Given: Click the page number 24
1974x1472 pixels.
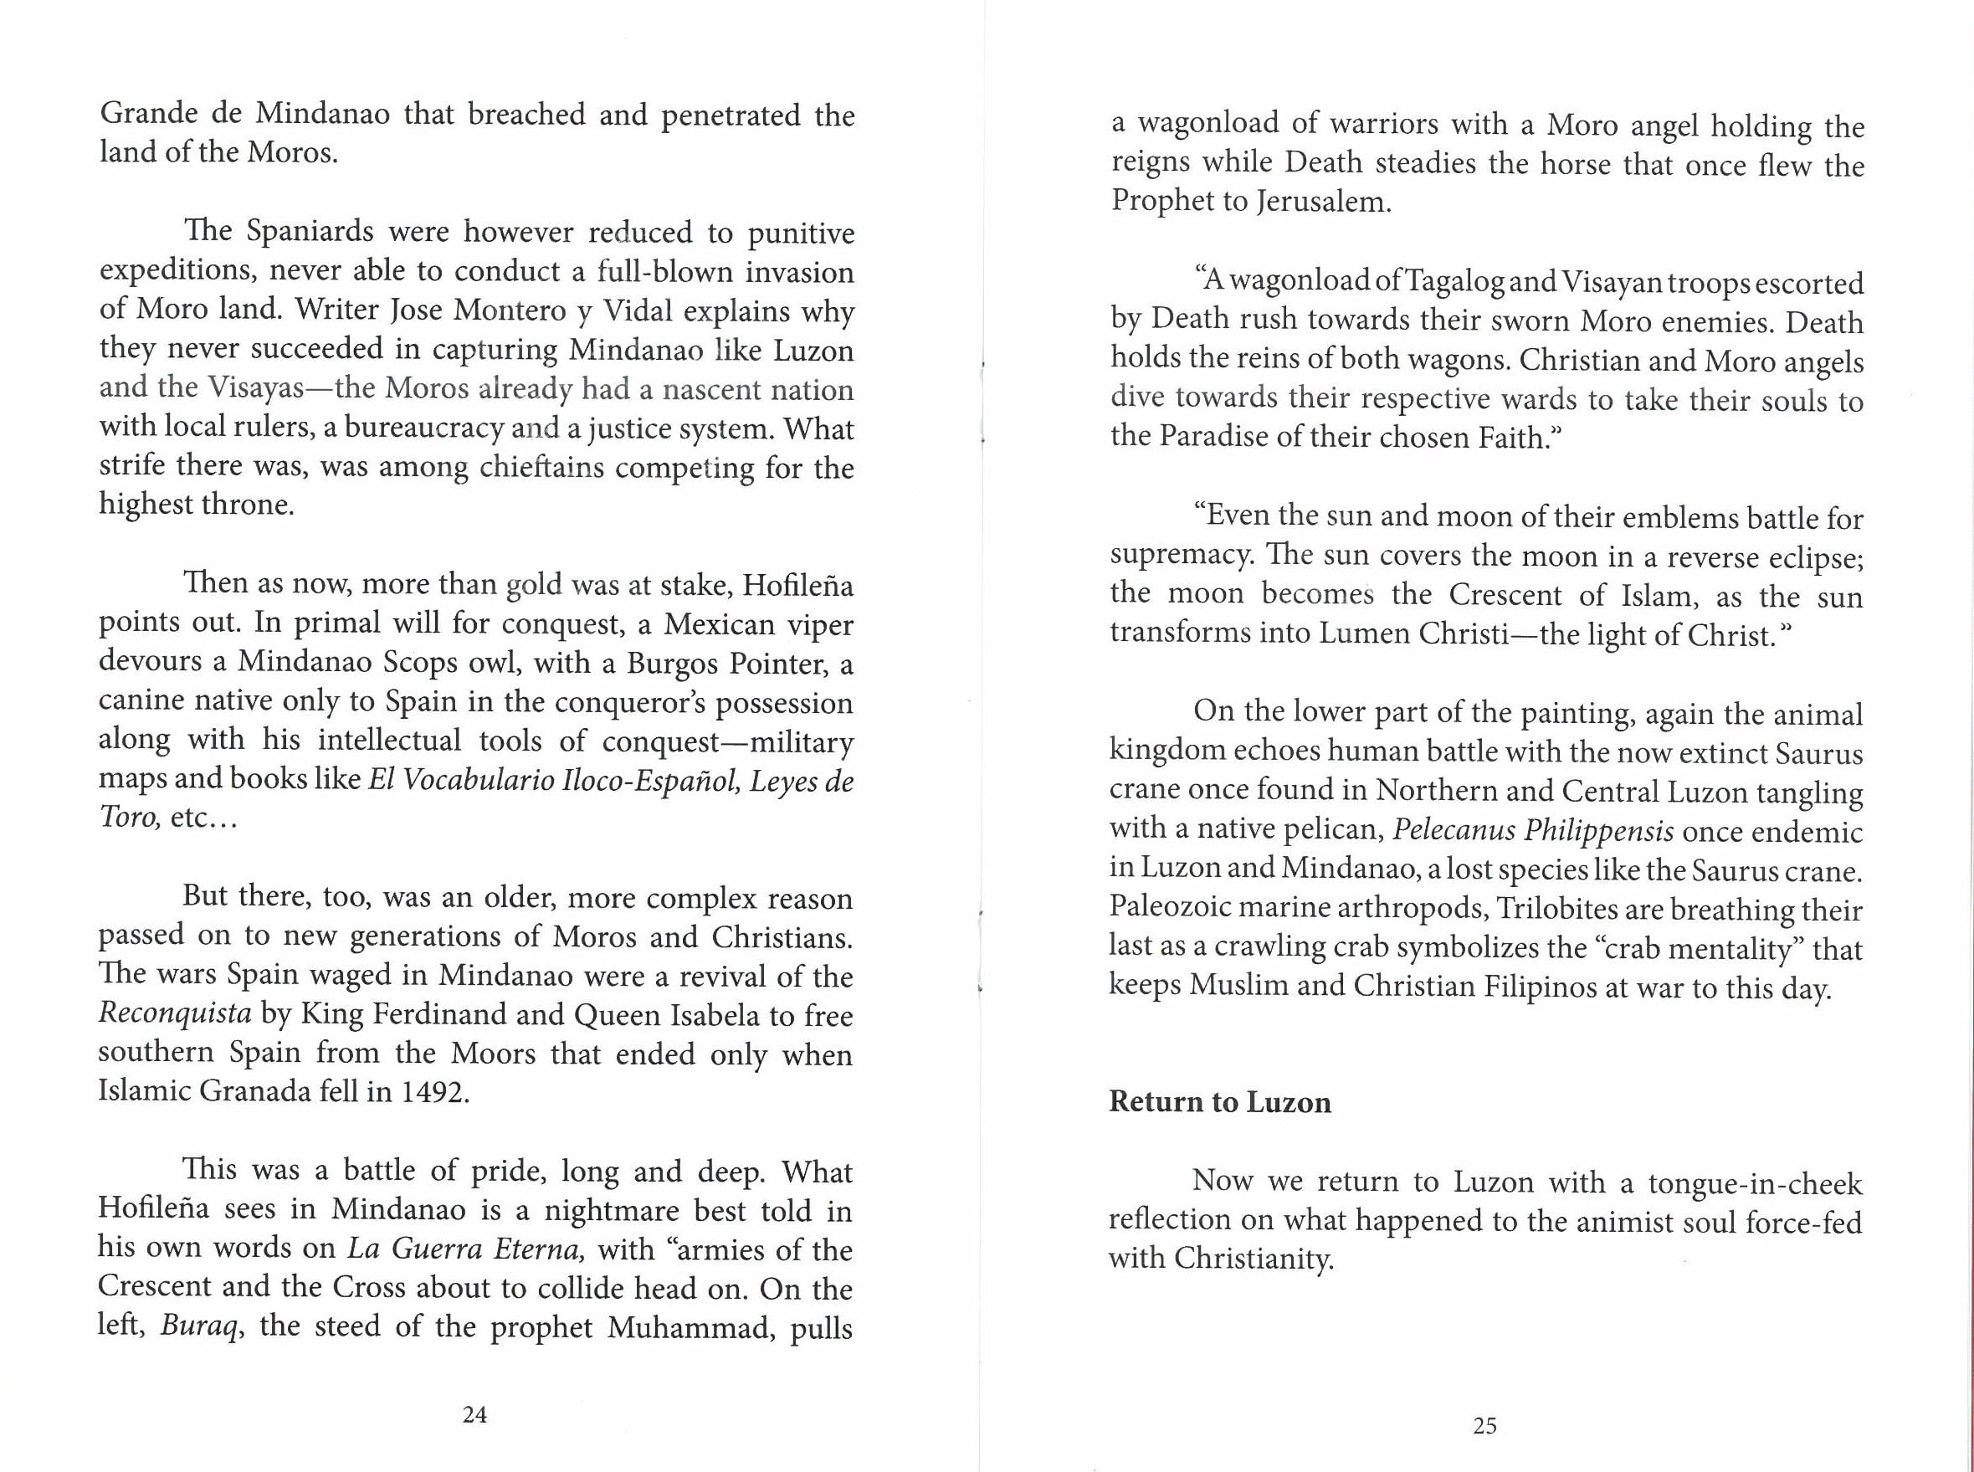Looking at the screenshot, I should [474, 1414].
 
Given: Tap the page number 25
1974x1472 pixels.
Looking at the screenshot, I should [1484, 1426].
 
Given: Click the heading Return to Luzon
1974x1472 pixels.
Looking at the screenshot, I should [1219, 1102].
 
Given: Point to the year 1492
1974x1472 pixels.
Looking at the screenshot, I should [433, 1091].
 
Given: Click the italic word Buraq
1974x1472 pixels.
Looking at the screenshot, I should [201, 1326].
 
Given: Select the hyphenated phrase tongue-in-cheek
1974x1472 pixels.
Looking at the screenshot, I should [1754, 1183].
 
